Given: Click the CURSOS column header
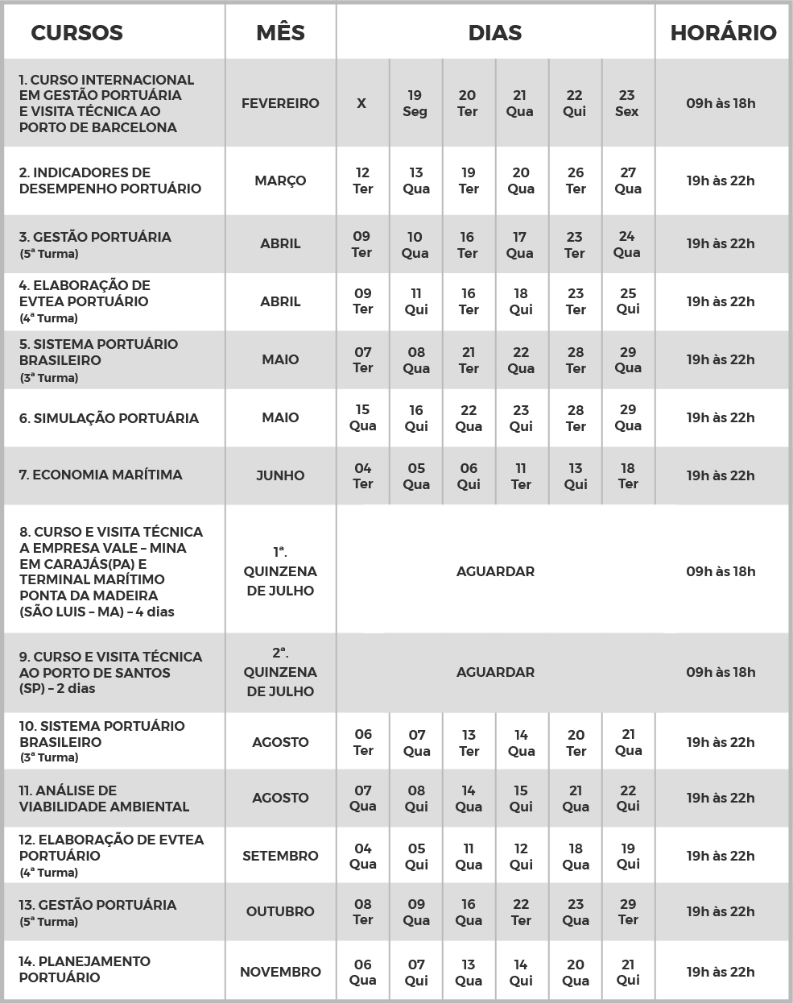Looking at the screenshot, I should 76,33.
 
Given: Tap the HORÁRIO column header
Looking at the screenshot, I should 723,33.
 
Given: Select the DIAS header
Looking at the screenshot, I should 495,33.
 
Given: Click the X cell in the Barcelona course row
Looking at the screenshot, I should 361,103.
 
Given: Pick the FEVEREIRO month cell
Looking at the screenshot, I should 280,103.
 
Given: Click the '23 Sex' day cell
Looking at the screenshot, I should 627,103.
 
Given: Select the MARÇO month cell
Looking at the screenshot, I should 280,180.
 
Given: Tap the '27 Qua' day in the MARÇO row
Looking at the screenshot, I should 628,180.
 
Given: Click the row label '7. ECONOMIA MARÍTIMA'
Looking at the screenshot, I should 101,475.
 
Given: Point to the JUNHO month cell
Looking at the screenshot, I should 280,475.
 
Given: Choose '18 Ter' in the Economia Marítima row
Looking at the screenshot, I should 628,475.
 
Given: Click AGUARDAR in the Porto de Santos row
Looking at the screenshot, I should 495,672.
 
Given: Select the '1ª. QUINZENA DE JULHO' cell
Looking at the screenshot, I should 280,571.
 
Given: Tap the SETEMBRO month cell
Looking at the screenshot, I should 280,856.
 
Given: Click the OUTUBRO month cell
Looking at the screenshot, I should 280,911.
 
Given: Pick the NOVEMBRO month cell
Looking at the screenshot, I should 280,972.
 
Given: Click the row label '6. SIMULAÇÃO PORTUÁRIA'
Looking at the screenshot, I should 109,418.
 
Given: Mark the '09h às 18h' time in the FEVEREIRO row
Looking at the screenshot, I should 721,103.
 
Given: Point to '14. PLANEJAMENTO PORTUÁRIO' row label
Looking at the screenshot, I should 85,969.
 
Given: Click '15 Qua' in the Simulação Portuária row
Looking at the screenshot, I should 362,417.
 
